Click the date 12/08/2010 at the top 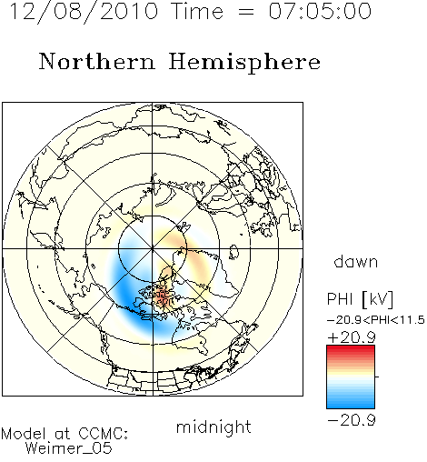(84, 12)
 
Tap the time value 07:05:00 (320, 11)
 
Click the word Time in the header (197, 11)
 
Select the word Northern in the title (97, 61)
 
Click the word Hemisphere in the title (244, 63)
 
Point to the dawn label (356, 261)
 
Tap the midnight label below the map (213, 427)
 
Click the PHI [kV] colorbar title (360, 299)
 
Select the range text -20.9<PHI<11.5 (376, 320)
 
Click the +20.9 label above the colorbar (352, 337)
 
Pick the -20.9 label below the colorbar (352, 420)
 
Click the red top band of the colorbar (351, 349)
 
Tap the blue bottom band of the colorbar (351, 404)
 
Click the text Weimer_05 (69, 447)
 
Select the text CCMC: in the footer (103, 433)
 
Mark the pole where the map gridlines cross (153, 248)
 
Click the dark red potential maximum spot (164, 298)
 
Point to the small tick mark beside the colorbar (377, 377)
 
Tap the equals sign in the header (246, 13)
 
